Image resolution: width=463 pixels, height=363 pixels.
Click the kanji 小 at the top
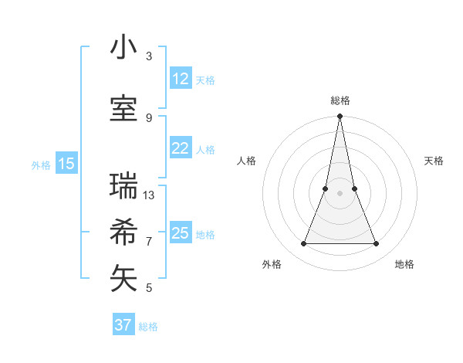123,48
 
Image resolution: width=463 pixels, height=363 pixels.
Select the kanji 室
123,108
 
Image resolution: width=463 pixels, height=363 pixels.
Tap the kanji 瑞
123,186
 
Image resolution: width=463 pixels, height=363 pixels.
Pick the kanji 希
123,232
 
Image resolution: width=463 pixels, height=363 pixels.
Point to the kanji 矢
123,278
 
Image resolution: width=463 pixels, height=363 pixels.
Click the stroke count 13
149,195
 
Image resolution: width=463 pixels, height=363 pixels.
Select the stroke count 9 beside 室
149,117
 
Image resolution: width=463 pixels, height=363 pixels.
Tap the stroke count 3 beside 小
149,56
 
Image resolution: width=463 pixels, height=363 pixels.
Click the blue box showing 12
180,79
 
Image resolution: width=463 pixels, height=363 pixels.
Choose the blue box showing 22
180,149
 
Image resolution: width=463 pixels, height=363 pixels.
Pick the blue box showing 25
180,233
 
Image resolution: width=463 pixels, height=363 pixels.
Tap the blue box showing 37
123,325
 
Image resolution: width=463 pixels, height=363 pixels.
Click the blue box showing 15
66,164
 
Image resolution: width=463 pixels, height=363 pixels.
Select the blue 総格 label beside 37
148,327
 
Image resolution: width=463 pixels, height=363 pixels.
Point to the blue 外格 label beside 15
41,165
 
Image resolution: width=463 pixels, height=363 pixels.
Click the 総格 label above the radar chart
340,100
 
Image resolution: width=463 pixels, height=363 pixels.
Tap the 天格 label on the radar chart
434,161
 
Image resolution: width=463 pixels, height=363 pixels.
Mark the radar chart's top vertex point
340,117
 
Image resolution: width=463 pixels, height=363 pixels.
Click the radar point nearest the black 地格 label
377,244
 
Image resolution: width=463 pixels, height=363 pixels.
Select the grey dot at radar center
340,193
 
